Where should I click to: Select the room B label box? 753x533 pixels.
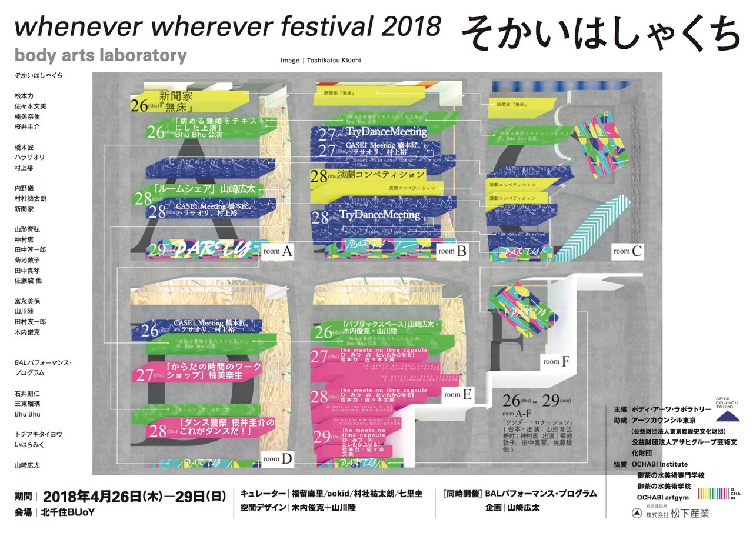coord(452,251)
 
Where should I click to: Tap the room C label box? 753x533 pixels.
coord(627,251)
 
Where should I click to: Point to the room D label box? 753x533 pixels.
coord(278,459)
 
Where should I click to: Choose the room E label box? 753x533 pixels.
coord(458,395)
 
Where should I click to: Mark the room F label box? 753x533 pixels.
coord(556,362)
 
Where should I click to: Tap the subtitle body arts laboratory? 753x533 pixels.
coord(101,56)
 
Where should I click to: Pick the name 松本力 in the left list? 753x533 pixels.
coord(24,96)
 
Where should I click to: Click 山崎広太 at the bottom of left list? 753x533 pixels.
coord(28,465)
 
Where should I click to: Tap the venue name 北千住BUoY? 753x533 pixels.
coord(68,512)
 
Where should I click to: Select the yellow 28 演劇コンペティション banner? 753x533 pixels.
coord(368,175)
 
